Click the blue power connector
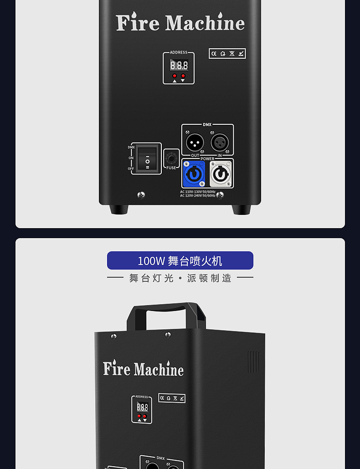pos(193,173)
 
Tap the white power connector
pos(221,173)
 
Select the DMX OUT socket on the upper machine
pos(195,142)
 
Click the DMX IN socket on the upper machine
pos(220,142)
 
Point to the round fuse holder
pos(171,158)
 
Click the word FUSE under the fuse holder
pos(171,168)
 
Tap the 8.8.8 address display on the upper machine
pos(179,65)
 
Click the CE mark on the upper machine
pos(214,53)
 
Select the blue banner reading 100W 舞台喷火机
pos(180,260)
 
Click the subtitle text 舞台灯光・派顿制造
pos(180,278)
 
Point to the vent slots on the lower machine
pos(254,362)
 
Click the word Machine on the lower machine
pos(159,369)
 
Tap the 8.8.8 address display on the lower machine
pos(142,407)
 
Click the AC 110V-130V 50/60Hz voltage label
pos(198,192)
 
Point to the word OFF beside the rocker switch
pos(131,168)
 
